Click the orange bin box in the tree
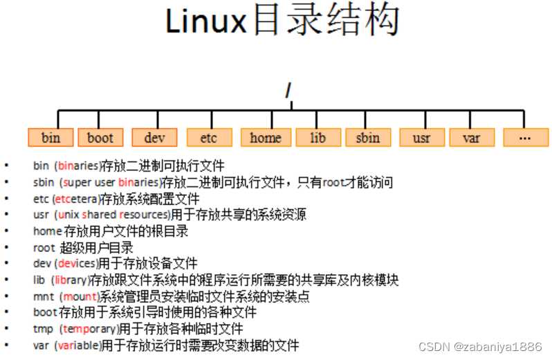(50, 137)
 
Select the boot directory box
(100, 137)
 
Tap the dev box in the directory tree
(155, 137)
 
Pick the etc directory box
(208, 137)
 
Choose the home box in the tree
(266, 137)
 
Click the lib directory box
(318, 137)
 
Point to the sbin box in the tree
(368, 137)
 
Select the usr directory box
(421, 137)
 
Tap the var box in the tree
(471, 137)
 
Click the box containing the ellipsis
(525, 137)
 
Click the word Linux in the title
(205, 23)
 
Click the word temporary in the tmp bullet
(85, 329)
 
